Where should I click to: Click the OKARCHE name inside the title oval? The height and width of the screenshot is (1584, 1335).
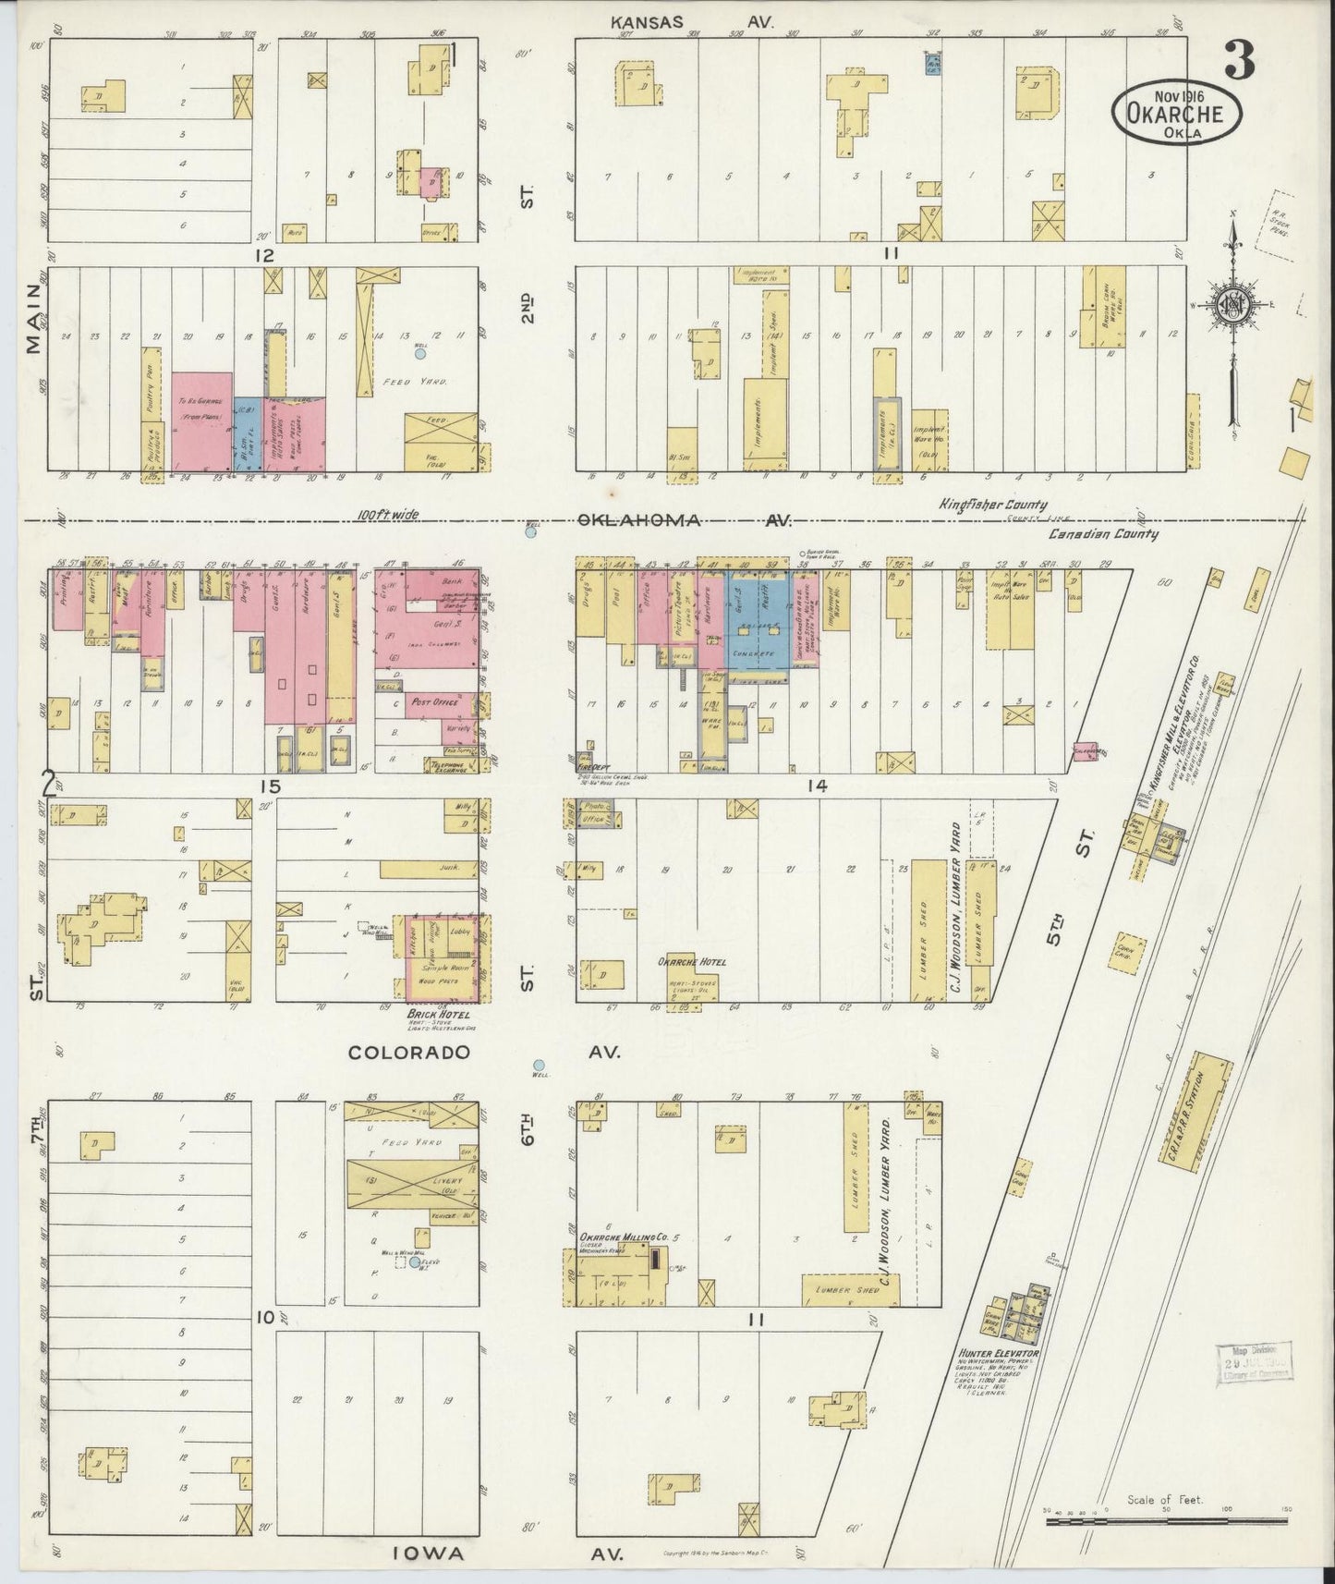click(x=1175, y=115)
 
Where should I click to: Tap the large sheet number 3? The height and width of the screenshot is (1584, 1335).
click(x=1238, y=63)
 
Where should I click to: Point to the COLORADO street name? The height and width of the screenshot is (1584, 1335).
click(x=409, y=1052)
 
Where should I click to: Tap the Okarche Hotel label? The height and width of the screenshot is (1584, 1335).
click(x=692, y=961)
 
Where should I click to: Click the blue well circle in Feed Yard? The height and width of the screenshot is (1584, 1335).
click(x=420, y=353)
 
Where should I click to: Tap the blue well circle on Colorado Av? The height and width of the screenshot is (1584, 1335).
click(x=539, y=1064)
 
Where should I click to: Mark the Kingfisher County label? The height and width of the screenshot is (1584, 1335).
click(x=993, y=505)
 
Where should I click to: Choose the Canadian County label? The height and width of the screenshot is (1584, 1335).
click(x=1103, y=533)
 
